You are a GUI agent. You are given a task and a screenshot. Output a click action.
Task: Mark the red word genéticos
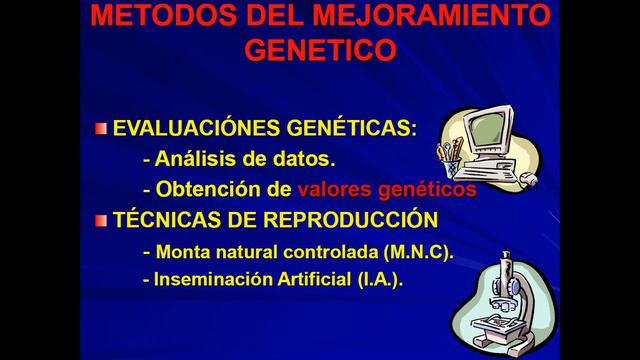[x=427, y=188]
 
